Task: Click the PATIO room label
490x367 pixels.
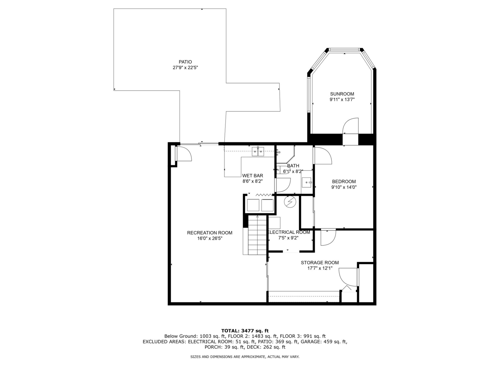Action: pos(185,62)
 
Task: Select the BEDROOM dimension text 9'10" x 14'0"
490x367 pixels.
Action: pos(344,187)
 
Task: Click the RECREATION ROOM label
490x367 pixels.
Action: pos(210,233)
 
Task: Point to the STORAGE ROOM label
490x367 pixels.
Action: pos(320,263)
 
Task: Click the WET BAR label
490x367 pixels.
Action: pos(253,176)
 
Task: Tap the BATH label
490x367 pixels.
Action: pos(293,166)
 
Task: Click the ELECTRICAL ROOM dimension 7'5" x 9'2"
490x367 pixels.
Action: pos(288,238)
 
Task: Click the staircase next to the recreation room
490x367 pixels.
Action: pos(257,235)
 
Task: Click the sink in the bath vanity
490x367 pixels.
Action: pos(307,182)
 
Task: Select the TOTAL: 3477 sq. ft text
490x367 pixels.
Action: pos(245,331)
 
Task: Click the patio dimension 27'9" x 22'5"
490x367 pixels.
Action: pos(185,68)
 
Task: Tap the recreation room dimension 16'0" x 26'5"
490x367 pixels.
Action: pos(210,239)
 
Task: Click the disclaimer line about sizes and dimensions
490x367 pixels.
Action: pos(245,357)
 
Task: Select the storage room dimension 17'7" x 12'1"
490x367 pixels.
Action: pos(320,268)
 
